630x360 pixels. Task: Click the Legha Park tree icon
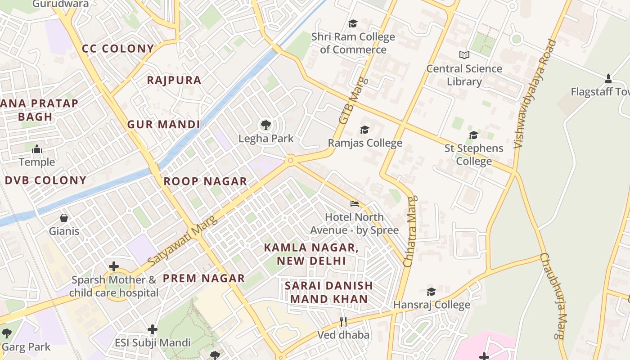266,125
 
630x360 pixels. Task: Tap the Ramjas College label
365,143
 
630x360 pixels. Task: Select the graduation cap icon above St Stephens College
473,135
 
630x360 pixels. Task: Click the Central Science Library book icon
464,55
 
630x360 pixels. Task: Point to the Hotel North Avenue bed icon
355,204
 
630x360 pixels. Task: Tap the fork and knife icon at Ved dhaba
343,321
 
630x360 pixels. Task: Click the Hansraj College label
432,305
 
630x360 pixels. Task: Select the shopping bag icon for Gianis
64,218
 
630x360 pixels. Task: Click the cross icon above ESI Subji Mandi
153,329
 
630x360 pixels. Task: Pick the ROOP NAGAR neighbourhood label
205,181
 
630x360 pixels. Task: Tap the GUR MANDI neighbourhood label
163,125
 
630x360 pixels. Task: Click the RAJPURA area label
174,80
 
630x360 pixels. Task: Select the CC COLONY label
118,49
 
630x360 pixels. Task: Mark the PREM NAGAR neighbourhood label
204,278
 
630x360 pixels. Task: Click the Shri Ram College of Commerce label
353,43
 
